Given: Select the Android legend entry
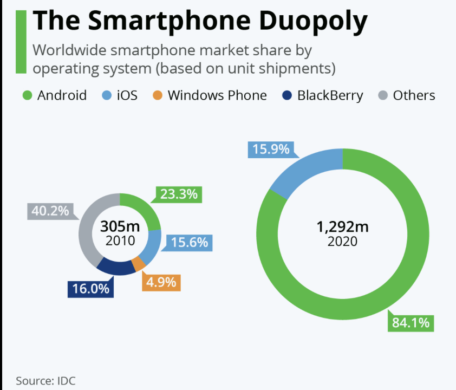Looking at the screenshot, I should click(x=54, y=96).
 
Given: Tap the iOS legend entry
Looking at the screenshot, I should click(x=120, y=96).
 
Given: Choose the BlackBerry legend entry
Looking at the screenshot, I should click(x=323, y=96).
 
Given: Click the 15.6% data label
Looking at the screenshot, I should click(x=190, y=242).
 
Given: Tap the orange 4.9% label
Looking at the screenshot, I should click(x=161, y=282).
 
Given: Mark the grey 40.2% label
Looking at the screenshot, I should click(x=48, y=211).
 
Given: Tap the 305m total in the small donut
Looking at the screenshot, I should click(x=120, y=226).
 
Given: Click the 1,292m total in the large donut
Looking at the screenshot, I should click(x=342, y=227).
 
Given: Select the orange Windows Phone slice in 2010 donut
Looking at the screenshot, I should click(x=138, y=263).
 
